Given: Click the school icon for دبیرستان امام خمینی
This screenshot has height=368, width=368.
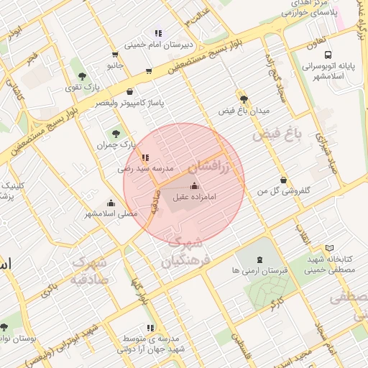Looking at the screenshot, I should [x=158, y=33].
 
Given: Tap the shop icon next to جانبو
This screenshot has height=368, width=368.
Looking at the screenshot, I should [x=115, y=55].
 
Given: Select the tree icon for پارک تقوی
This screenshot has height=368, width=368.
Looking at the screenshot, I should [x=83, y=75].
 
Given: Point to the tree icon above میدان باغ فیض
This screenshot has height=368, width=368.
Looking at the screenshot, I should [x=244, y=100].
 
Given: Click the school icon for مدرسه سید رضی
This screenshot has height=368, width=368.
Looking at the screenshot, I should [x=145, y=157].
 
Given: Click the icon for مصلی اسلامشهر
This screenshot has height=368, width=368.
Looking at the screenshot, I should [x=110, y=203].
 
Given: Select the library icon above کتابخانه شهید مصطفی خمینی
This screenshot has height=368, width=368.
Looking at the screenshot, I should [x=330, y=248].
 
